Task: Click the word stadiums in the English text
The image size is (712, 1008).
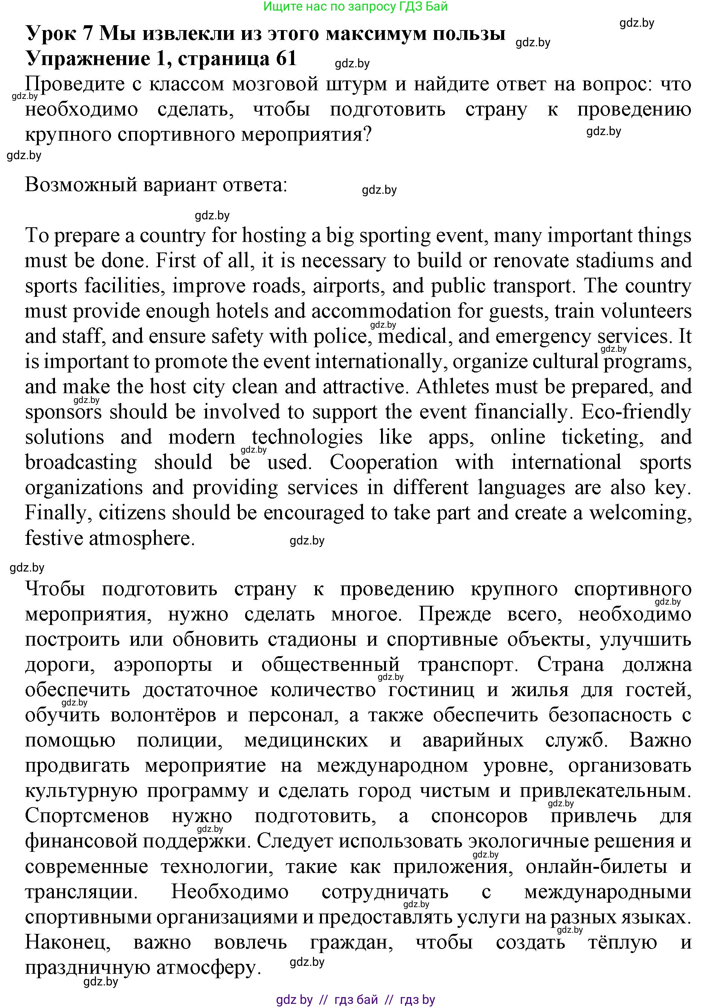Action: [x=614, y=261]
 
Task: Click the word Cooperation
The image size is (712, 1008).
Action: [x=383, y=462]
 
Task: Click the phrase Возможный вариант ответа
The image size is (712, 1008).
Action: [x=156, y=185]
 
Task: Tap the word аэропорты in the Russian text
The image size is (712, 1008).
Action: [x=163, y=665]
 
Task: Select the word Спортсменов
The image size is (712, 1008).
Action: [x=87, y=816]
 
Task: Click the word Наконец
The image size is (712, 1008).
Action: [x=68, y=943]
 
